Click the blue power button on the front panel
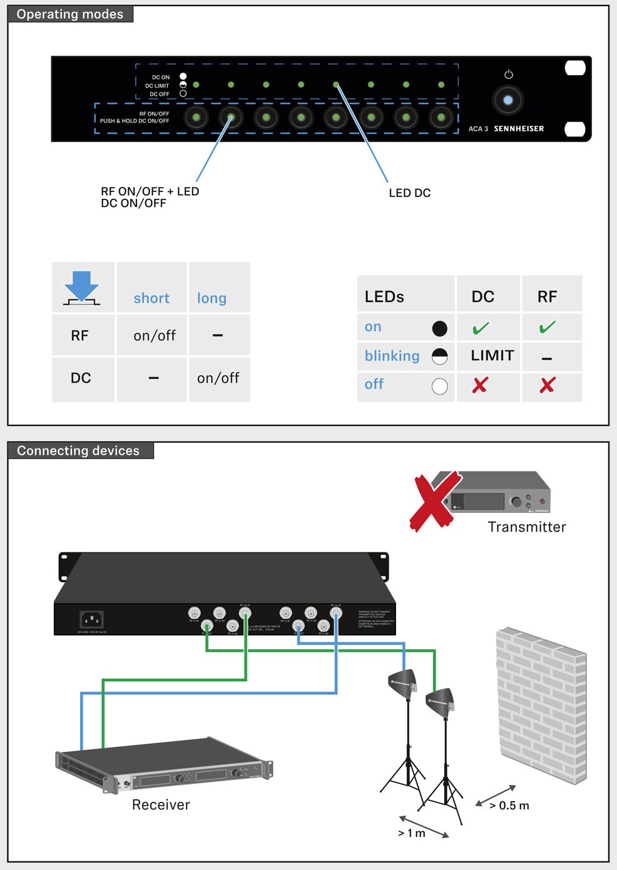coord(508,100)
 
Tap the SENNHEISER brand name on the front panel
coord(519,129)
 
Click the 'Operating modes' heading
coord(70,14)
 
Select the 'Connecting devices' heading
coord(78,451)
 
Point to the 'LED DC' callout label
coord(409,193)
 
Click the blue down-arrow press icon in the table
coord(82,288)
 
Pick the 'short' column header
coord(151,298)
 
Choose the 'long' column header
coord(212,298)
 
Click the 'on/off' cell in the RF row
coord(155,336)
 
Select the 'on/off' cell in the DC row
coord(218,378)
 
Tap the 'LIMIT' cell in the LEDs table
coord(492,356)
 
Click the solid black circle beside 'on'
coord(440,328)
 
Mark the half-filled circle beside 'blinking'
coord(440,357)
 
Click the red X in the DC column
coord(480,385)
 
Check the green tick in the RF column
coord(548,327)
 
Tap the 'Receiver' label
coord(161,805)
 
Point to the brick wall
coord(542,704)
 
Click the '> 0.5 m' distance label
coord(509,806)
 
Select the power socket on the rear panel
coord(92,620)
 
